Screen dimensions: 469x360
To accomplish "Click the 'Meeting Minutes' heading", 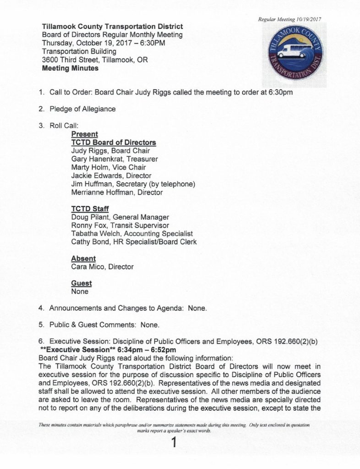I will pyautogui.click(x=70, y=69).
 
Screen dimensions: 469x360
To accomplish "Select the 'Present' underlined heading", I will pyautogui.click(x=85, y=134).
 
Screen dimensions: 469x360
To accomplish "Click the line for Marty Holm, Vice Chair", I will pyautogui.click(x=109, y=167).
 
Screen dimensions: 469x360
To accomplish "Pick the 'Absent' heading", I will pyautogui.click(x=83, y=258).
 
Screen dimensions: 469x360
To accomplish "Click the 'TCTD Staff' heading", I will pyautogui.click(x=90, y=209).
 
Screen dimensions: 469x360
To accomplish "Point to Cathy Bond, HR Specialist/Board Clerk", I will pyautogui.click(x=134, y=242).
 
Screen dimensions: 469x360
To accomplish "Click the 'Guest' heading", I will pyautogui.click(x=82, y=283).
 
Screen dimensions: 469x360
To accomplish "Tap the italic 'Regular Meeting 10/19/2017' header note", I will pyautogui.click(x=289, y=20).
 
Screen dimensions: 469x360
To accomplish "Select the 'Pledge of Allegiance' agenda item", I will pyautogui.click(x=82, y=109).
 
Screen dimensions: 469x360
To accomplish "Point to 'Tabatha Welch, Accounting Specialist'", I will pyautogui.click(x=132, y=234).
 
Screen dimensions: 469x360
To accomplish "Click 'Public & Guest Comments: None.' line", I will pyautogui.click(x=104, y=325).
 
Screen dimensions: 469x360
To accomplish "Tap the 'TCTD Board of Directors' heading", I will pyautogui.click(x=114, y=142).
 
